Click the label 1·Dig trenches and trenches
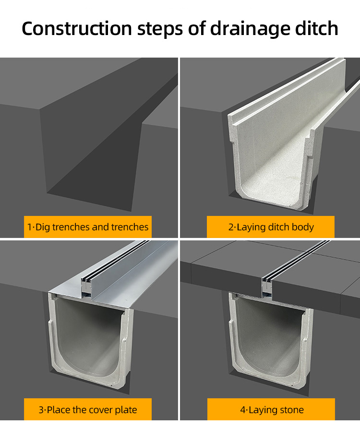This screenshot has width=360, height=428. tap(88, 227)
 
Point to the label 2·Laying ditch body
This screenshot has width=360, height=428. tap(271, 227)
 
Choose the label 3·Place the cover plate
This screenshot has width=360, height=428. tap(88, 410)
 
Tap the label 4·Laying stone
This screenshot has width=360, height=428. tap(271, 410)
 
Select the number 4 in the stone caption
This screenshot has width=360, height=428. tap(242, 410)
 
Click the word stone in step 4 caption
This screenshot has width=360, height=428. tap(291, 410)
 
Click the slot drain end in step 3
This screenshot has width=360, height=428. tap(86, 285)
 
